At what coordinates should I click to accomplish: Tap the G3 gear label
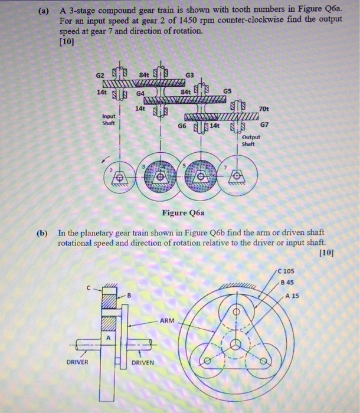[x=189, y=75]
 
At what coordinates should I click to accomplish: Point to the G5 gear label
[x=227, y=91]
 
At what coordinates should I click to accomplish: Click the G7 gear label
[x=264, y=124]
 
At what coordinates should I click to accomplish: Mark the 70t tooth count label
[x=263, y=109]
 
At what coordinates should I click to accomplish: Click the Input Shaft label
[x=109, y=120]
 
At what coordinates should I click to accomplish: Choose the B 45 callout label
[x=288, y=282]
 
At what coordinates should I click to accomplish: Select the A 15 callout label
[x=292, y=296]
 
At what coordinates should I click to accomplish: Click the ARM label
[x=167, y=320]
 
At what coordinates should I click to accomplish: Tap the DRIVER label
[x=77, y=362]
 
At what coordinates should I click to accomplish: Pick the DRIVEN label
[x=142, y=362]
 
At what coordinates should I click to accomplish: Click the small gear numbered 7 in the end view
[x=237, y=176]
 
